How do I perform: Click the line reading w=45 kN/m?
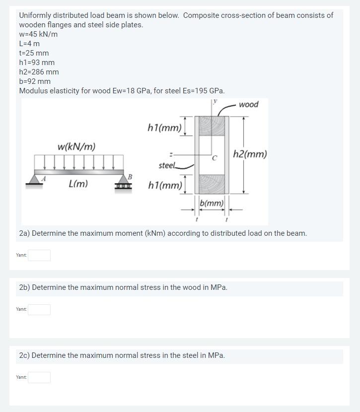point(38,34)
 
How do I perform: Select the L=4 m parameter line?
point(29,44)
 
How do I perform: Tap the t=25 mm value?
point(34,53)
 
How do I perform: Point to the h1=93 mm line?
point(37,63)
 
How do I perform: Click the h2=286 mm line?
point(39,72)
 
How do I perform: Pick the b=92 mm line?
point(35,81)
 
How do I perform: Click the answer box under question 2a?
point(39,255)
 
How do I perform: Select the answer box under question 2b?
point(39,310)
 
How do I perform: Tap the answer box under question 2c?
point(39,378)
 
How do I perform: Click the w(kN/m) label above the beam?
point(76,147)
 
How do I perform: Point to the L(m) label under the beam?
point(78,184)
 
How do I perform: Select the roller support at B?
point(123,183)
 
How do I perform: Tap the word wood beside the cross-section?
point(248,104)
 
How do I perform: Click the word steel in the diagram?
point(167,165)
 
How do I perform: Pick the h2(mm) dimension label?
point(250,154)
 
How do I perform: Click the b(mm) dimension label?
point(212,203)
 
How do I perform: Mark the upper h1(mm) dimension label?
point(164,128)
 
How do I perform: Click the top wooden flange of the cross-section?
point(212,126)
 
